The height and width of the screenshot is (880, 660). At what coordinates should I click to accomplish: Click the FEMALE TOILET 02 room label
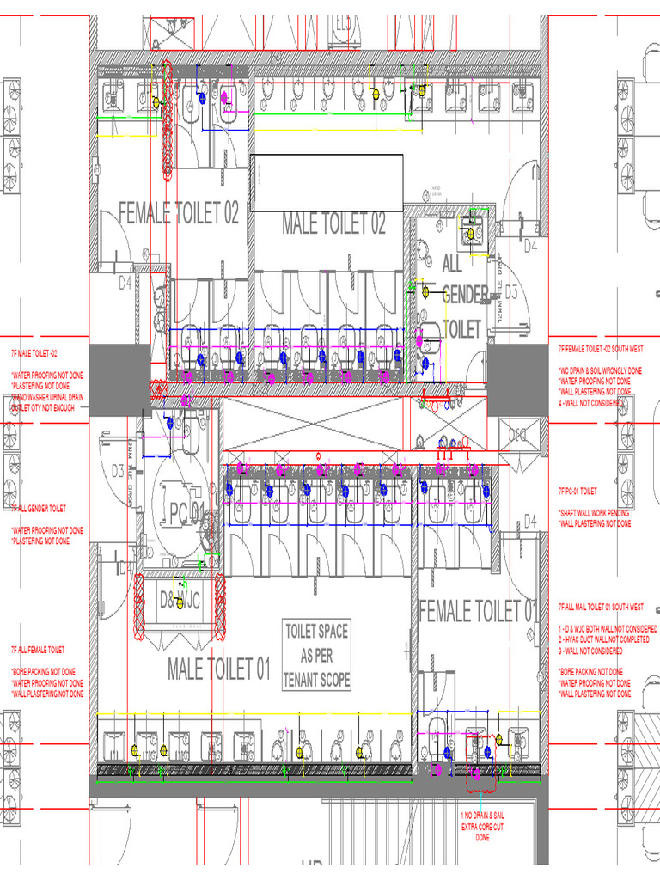click(x=178, y=213)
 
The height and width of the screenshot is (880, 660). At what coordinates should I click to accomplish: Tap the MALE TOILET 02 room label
click(x=333, y=224)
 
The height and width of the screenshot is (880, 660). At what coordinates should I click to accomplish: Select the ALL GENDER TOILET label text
click(x=464, y=296)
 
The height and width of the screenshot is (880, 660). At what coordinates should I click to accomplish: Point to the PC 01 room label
click(x=186, y=515)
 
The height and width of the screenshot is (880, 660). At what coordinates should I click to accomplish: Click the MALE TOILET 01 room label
click(x=219, y=669)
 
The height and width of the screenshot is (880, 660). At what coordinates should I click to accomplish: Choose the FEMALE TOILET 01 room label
click(x=477, y=611)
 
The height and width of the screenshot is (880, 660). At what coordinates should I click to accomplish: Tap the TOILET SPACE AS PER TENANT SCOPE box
click(x=316, y=656)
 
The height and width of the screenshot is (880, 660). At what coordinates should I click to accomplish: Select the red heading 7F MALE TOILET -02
click(x=34, y=353)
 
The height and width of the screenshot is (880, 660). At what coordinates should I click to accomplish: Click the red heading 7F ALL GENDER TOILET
click(x=39, y=509)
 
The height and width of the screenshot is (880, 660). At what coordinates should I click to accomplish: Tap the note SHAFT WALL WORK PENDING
click(x=594, y=513)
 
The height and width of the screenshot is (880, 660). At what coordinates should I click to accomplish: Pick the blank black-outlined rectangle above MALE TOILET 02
click(x=326, y=182)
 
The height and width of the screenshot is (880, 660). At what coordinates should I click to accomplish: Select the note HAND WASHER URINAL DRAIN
click(x=47, y=397)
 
